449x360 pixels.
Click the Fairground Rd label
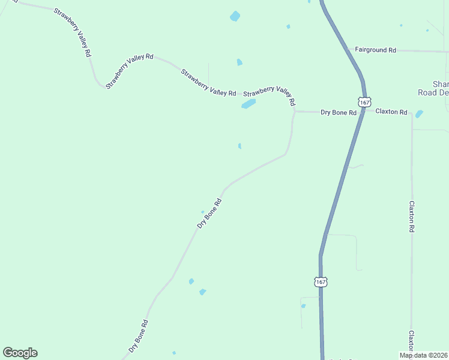coord(375,50)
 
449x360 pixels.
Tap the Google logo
coord(20,353)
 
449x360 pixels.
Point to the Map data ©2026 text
coord(423,355)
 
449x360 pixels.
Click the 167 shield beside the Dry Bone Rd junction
coord(365,102)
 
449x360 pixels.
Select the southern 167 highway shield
coord(321,281)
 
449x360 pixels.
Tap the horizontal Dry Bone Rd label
coord(339,112)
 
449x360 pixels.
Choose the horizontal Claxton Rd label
coord(391,112)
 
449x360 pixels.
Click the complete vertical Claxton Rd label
coord(412,216)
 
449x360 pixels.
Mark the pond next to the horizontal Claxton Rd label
coord(419,114)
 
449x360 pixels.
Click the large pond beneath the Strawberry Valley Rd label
coord(249,104)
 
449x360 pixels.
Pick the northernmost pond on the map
coord(235,16)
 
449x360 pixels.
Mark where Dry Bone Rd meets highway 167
coord(362,112)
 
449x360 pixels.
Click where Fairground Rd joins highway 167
coord(349,50)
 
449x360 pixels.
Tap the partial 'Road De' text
coord(433,92)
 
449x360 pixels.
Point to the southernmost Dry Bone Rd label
coord(138,337)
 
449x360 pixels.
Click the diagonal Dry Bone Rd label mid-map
coord(210,213)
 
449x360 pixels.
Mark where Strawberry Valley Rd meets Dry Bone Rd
coord(294,111)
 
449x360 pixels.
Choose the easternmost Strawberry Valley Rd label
coord(269,92)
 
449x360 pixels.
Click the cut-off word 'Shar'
coord(441,84)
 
